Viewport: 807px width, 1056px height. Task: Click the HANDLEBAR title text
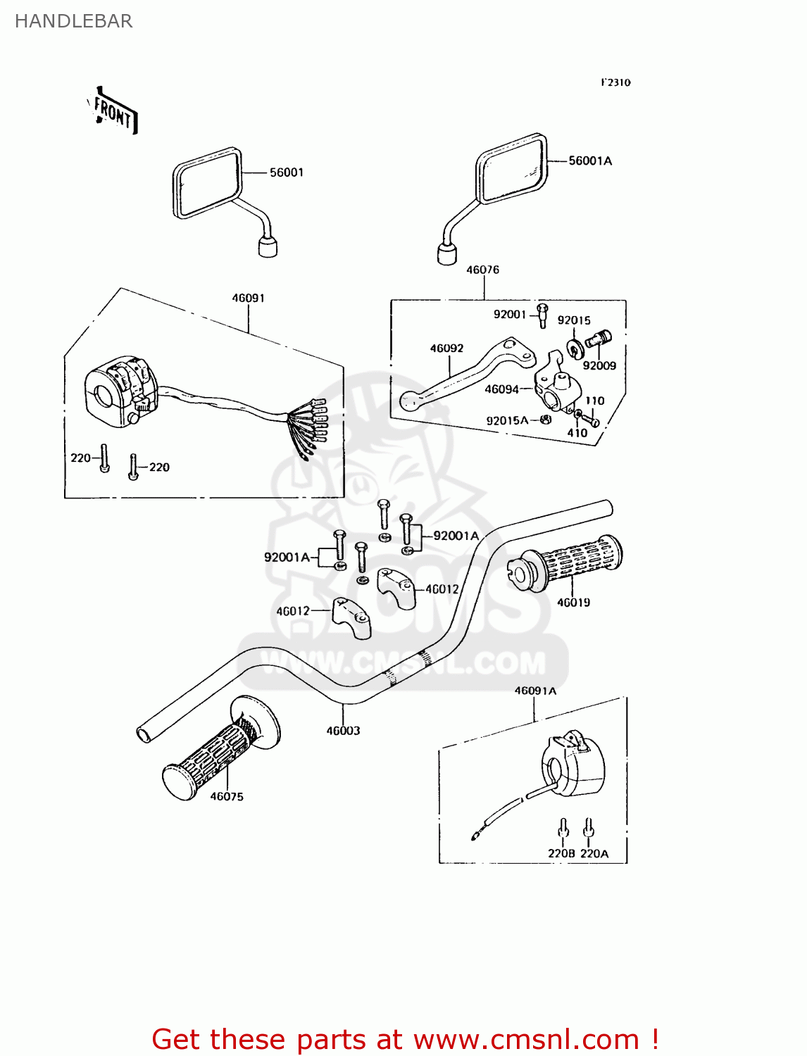73,21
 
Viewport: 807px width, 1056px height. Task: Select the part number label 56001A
590,161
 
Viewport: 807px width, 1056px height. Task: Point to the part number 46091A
535,691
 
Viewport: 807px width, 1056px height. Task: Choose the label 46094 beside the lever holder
501,389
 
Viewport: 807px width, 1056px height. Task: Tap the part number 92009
599,365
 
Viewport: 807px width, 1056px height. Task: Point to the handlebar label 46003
343,731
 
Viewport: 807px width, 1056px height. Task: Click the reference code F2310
615,82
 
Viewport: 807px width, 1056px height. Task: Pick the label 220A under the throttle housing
594,853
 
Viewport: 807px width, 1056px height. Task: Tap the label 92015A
507,420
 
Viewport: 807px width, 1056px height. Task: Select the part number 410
577,433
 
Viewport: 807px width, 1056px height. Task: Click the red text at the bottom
405,1039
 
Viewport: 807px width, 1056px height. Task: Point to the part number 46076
482,270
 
